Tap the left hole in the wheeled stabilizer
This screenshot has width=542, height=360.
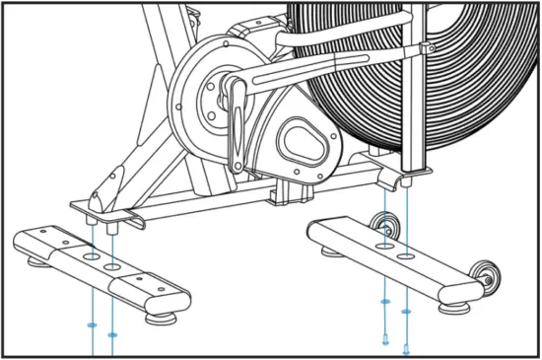385,244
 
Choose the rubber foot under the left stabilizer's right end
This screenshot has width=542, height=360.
158,319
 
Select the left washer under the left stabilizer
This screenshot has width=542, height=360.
92,324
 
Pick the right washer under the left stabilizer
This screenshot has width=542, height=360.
112,336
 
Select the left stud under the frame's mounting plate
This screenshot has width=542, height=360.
92,221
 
